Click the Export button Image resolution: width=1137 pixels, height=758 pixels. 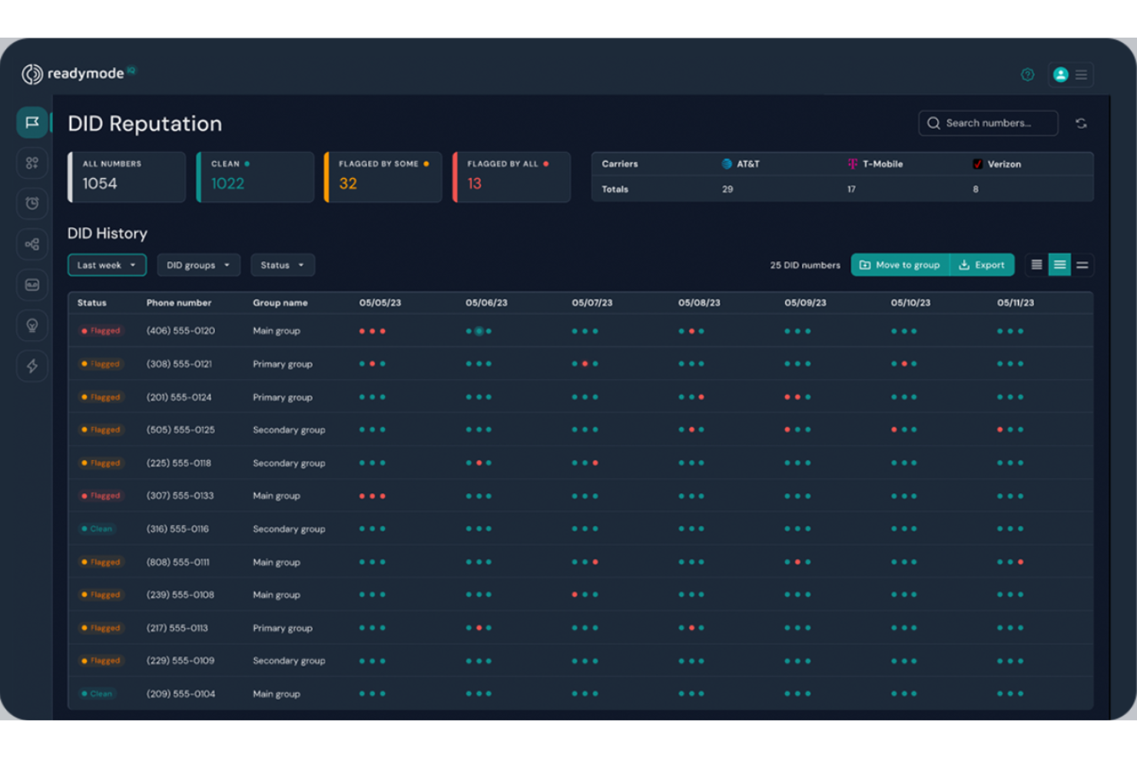982,265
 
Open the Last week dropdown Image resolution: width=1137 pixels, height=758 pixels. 107,265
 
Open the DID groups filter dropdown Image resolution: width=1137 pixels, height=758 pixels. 198,265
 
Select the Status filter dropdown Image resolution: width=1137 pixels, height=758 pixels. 282,265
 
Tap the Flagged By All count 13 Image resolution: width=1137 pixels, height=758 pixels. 475,184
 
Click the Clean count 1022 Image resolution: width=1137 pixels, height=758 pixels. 228,184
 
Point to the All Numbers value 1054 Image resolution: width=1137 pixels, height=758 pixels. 100,184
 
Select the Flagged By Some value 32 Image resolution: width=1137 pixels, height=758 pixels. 348,184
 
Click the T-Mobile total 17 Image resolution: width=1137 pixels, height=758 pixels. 851,189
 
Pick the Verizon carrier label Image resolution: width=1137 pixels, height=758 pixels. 1003,164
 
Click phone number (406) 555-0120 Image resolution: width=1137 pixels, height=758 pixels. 181,331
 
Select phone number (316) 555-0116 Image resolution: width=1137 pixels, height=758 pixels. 177,529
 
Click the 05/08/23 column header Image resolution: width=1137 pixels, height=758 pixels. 699,303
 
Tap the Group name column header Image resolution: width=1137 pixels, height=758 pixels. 280,303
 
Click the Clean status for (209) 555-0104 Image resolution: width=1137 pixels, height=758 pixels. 98,693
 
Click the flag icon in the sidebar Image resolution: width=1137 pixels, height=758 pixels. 32,122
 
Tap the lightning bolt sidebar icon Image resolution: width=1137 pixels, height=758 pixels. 32,366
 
